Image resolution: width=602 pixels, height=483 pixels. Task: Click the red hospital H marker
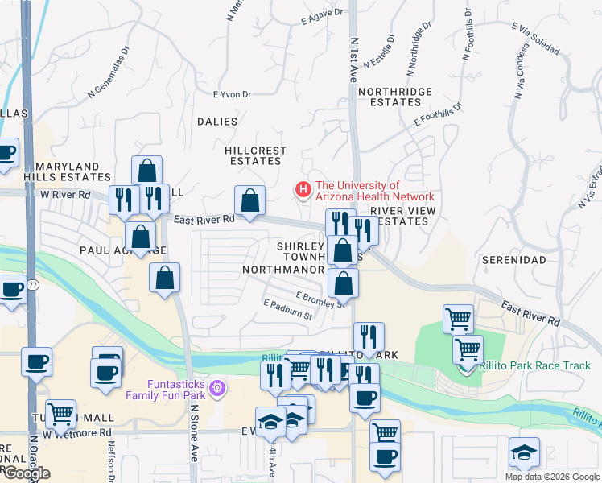coord(303,190)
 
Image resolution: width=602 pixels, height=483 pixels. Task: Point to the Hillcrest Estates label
coord(255,155)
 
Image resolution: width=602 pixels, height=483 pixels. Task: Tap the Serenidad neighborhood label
coord(513,260)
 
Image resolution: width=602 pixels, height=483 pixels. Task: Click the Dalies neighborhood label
coord(217,122)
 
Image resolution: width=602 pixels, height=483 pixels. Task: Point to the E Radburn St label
coord(287,309)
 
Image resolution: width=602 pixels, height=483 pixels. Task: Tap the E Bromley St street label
coord(320,299)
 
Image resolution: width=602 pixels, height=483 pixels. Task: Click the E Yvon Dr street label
coord(232,94)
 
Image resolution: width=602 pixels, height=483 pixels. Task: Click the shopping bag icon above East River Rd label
coord(249,200)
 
